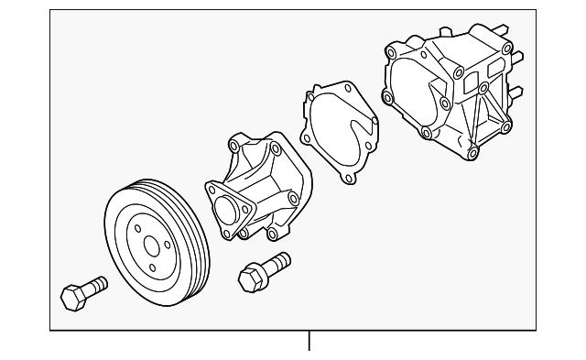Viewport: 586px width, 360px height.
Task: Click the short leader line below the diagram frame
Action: [309, 341]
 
